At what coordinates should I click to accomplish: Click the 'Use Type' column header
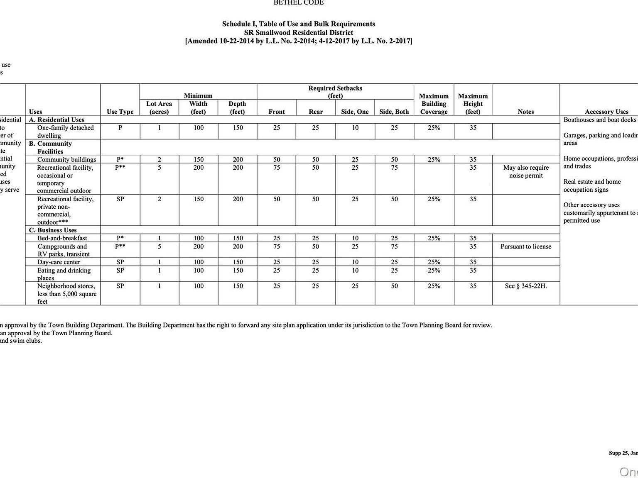pyautogui.click(x=120, y=112)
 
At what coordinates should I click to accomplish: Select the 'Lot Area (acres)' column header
pyautogui.click(x=159, y=107)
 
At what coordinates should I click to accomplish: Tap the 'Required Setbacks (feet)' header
pyautogui.click(x=335, y=92)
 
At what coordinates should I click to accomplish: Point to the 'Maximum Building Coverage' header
pyautogui.click(x=434, y=104)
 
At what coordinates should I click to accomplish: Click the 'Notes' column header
pyautogui.click(x=525, y=112)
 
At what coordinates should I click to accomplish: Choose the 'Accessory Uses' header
pyautogui.click(x=606, y=112)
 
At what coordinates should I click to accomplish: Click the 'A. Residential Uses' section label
pyautogui.click(x=56, y=119)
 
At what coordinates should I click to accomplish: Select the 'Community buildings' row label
pyautogui.click(x=66, y=159)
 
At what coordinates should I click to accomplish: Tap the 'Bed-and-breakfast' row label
pyautogui.click(x=62, y=238)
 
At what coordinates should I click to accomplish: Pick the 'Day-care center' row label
pyautogui.click(x=59, y=262)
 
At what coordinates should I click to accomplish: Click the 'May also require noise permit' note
pyautogui.click(x=526, y=171)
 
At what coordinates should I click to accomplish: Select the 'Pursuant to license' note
pyautogui.click(x=526, y=246)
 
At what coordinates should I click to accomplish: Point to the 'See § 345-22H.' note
pyautogui.click(x=526, y=286)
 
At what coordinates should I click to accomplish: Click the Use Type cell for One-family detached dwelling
pyautogui.click(x=120, y=128)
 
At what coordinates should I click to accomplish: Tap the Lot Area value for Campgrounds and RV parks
pyautogui.click(x=159, y=246)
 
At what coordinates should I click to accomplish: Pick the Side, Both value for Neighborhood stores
pyautogui.click(x=394, y=286)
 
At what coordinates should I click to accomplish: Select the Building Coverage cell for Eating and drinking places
pyautogui.click(x=434, y=271)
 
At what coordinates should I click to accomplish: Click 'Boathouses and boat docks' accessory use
pyautogui.click(x=599, y=120)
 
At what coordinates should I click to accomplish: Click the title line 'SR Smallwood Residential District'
pyautogui.click(x=298, y=32)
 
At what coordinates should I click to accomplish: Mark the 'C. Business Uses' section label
pyautogui.click(x=53, y=230)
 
